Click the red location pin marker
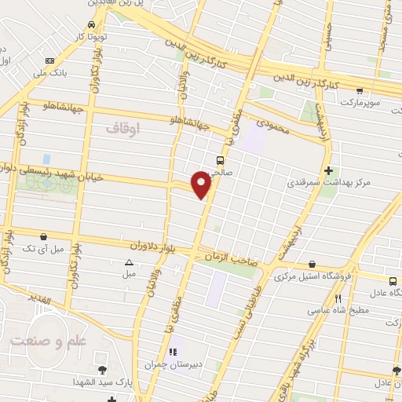[203, 183]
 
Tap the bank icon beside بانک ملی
[51, 61]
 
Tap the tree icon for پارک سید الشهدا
[102, 370]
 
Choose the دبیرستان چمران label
[174, 365]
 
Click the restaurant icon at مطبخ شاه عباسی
[338, 298]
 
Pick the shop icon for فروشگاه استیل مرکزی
[313, 264]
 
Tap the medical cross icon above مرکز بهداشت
[327, 170]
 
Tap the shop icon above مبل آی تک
[42, 236]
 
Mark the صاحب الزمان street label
[232, 264]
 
